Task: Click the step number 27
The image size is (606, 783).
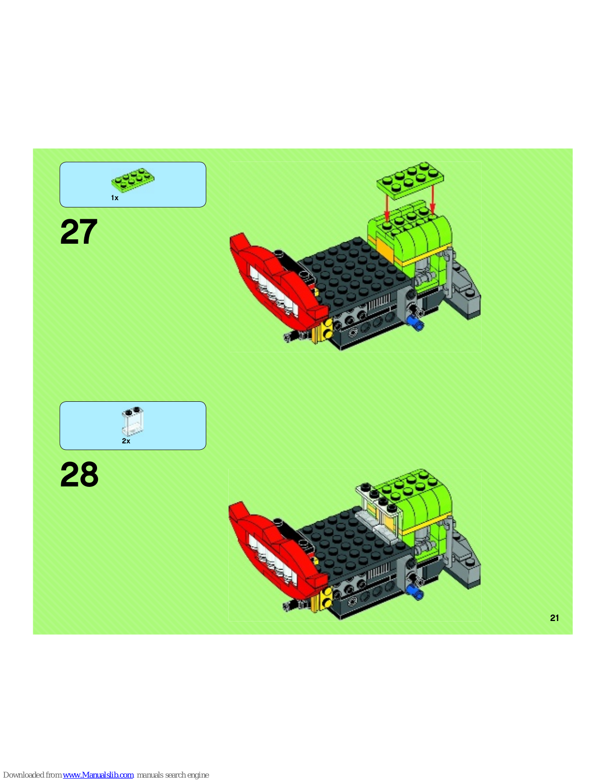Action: (79, 231)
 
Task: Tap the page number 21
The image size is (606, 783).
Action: (555, 618)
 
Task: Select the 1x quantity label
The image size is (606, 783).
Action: (115, 198)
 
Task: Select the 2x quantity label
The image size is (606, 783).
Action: (126, 441)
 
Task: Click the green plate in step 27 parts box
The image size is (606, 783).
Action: (133, 179)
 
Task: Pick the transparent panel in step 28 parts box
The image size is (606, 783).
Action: (133, 421)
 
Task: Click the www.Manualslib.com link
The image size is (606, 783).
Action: (98, 775)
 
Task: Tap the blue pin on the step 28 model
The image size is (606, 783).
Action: (415, 592)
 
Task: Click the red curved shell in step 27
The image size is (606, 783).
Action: (276, 285)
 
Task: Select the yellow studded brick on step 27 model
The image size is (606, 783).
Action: (324, 330)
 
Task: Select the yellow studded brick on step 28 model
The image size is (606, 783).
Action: (323, 598)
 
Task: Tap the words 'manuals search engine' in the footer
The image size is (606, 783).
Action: (173, 775)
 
